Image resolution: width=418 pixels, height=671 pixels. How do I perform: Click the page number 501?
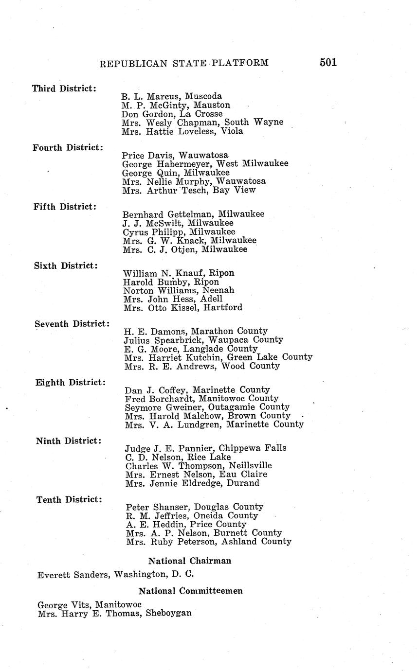tap(328, 62)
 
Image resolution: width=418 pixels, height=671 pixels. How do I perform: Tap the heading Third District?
tap(64, 88)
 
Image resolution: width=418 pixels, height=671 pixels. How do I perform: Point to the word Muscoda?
tap(204, 96)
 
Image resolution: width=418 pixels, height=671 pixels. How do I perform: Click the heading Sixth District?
tap(66, 266)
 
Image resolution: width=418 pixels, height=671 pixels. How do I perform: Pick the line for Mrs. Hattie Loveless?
tap(182, 131)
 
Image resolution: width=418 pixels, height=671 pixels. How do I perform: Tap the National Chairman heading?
tap(189, 561)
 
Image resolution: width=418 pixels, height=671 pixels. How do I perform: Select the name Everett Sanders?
tap(74, 574)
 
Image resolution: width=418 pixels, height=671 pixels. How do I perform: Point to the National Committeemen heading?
tap(190, 591)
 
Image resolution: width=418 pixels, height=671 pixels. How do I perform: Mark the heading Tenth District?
tap(69, 499)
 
